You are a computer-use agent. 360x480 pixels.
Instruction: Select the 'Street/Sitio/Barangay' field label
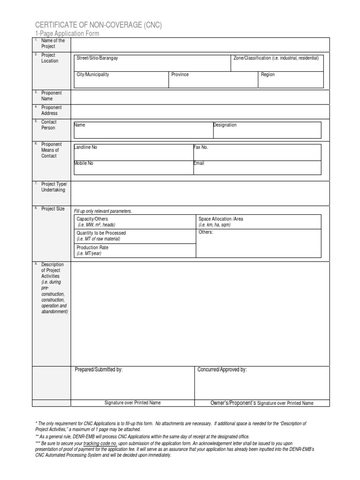(97, 58)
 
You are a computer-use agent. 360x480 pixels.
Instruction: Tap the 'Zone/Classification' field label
(276, 58)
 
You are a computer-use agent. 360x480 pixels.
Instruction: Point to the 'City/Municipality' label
(93, 75)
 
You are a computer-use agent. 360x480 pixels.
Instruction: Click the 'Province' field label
(180, 75)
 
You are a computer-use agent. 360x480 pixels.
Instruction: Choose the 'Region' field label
(268, 75)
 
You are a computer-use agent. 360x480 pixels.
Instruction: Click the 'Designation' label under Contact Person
(225, 125)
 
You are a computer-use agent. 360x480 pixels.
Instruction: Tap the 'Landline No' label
(86, 147)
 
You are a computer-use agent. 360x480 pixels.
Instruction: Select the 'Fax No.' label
(201, 147)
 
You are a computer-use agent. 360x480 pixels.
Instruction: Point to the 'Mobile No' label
(84, 163)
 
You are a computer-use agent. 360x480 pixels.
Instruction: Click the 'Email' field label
(199, 163)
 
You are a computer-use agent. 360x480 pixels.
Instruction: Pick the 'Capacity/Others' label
(93, 219)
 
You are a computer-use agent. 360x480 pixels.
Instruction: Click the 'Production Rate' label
(93, 247)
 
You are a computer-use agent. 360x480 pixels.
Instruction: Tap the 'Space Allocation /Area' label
(221, 219)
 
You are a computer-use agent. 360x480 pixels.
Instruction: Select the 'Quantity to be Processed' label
(101, 233)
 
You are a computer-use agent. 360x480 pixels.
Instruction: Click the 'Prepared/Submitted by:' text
(98, 370)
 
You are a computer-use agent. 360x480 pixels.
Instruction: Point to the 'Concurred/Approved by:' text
(222, 370)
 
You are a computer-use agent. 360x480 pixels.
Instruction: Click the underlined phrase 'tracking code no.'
(100, 443)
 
